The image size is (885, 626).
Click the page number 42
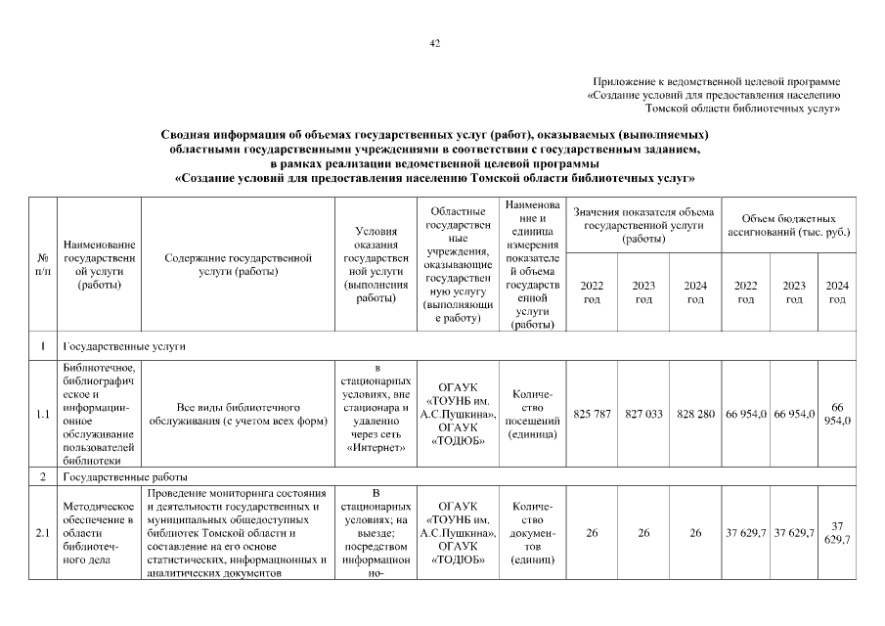click(435, 42)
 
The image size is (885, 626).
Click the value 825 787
click(592, 415)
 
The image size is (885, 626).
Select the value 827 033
click(643, 415)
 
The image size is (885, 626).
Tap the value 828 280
click(695, 415)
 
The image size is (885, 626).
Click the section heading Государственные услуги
click(125, 346)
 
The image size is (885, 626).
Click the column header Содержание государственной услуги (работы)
click(239, 265)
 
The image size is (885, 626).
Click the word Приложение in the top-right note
click(622, 81)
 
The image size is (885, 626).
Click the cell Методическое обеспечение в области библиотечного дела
click(99, 533)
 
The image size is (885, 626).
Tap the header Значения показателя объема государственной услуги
click(643, 226)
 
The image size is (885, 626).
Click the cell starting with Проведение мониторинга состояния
click(239, 533)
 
